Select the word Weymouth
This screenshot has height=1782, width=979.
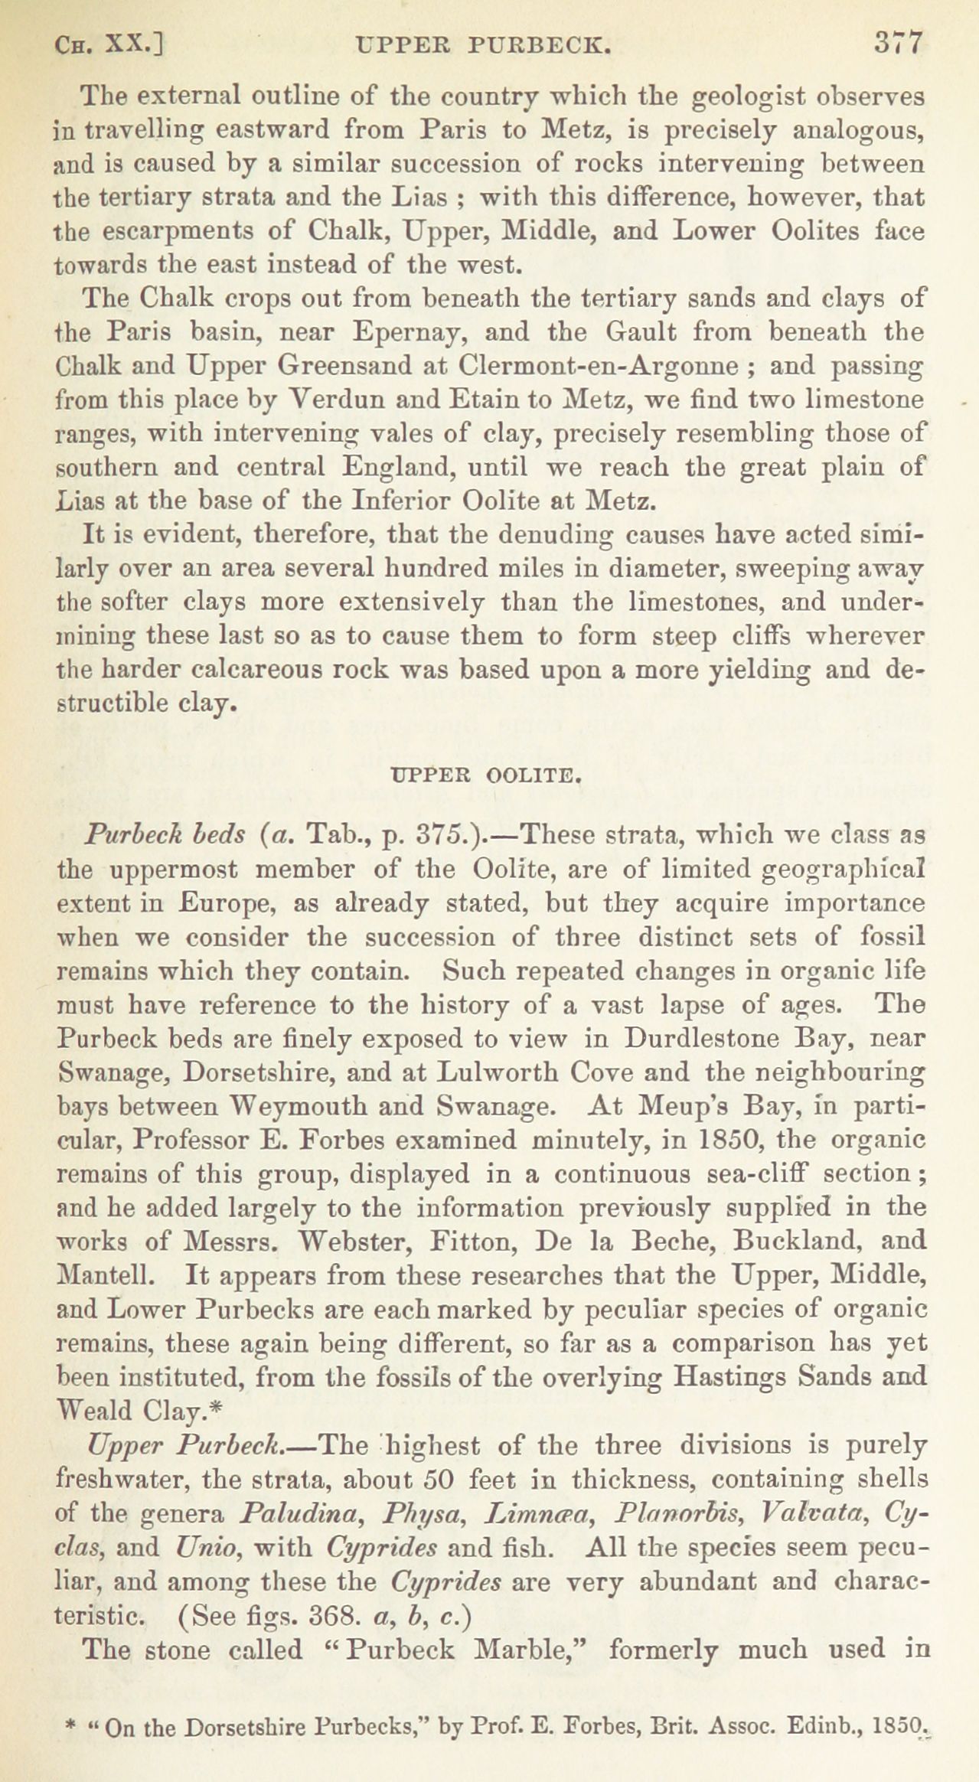point(300,1106)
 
